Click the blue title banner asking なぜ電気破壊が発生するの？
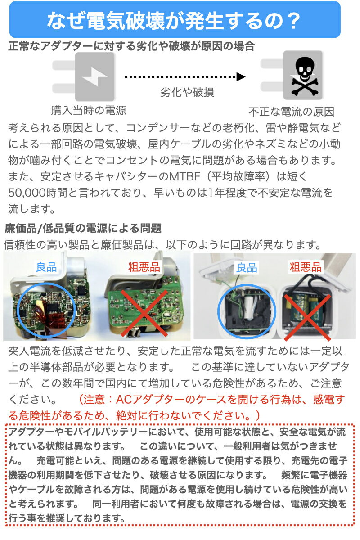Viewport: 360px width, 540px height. [x=175, y=19]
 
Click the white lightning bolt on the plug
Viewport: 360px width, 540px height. [x=94, y=76]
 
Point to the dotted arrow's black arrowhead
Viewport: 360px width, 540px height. [x=241, y=77]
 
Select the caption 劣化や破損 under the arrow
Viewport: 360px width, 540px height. [x=187, y=92]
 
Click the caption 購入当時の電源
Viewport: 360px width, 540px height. [x=89, y=110]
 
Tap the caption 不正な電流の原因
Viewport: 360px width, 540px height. [x=291, y=112]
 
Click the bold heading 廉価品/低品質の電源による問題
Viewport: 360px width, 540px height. [x=83, y=228]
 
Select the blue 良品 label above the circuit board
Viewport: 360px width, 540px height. [x=46, y=267]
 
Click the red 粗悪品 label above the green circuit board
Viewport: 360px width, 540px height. [x=144, y=267]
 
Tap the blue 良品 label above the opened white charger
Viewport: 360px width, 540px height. [x=247, y=268]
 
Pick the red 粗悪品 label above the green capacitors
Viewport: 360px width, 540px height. [x=306, y=267]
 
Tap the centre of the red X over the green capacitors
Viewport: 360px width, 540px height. [x=307, y=317]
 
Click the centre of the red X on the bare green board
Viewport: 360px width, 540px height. [x=144, y=313]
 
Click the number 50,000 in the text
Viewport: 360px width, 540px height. [x=27, y=193]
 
